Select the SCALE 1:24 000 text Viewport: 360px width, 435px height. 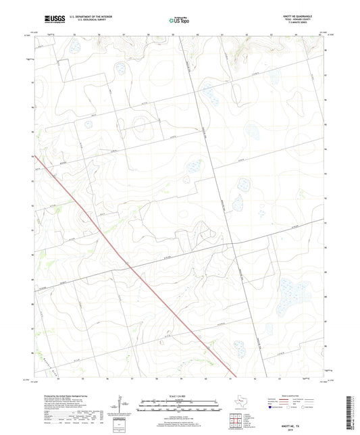click(x=179, y=396)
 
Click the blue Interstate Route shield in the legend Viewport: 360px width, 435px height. click(x=272, y=408)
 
